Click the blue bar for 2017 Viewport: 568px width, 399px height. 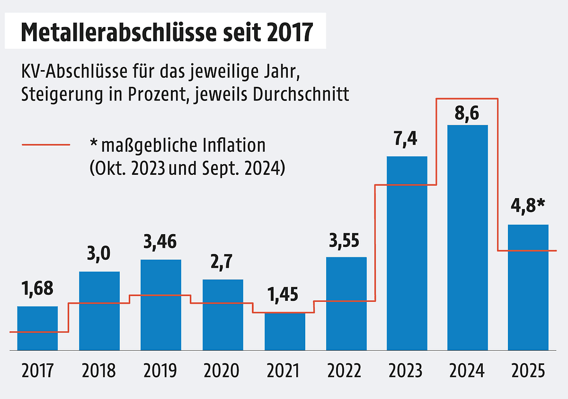37,328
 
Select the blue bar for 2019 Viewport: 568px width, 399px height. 161,305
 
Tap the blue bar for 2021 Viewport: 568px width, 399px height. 285,331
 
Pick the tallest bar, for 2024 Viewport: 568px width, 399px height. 468,237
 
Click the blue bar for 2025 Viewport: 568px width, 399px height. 528,287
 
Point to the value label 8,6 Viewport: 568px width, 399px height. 467,113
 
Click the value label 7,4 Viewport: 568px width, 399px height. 406,139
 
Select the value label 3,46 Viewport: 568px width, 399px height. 160,242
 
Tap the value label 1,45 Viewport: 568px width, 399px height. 283,295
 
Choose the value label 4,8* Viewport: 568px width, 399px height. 528,206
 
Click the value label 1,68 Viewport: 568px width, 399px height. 38,289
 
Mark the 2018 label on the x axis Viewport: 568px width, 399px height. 98,371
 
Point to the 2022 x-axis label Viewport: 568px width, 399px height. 344,371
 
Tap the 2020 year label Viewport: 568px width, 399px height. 222,371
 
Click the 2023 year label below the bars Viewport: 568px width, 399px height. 406,371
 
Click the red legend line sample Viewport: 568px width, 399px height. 46,145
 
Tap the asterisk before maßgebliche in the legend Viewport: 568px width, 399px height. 94,142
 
